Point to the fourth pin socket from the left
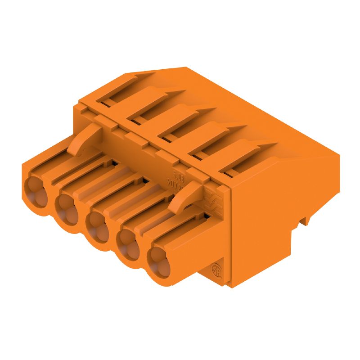(126, 245)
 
